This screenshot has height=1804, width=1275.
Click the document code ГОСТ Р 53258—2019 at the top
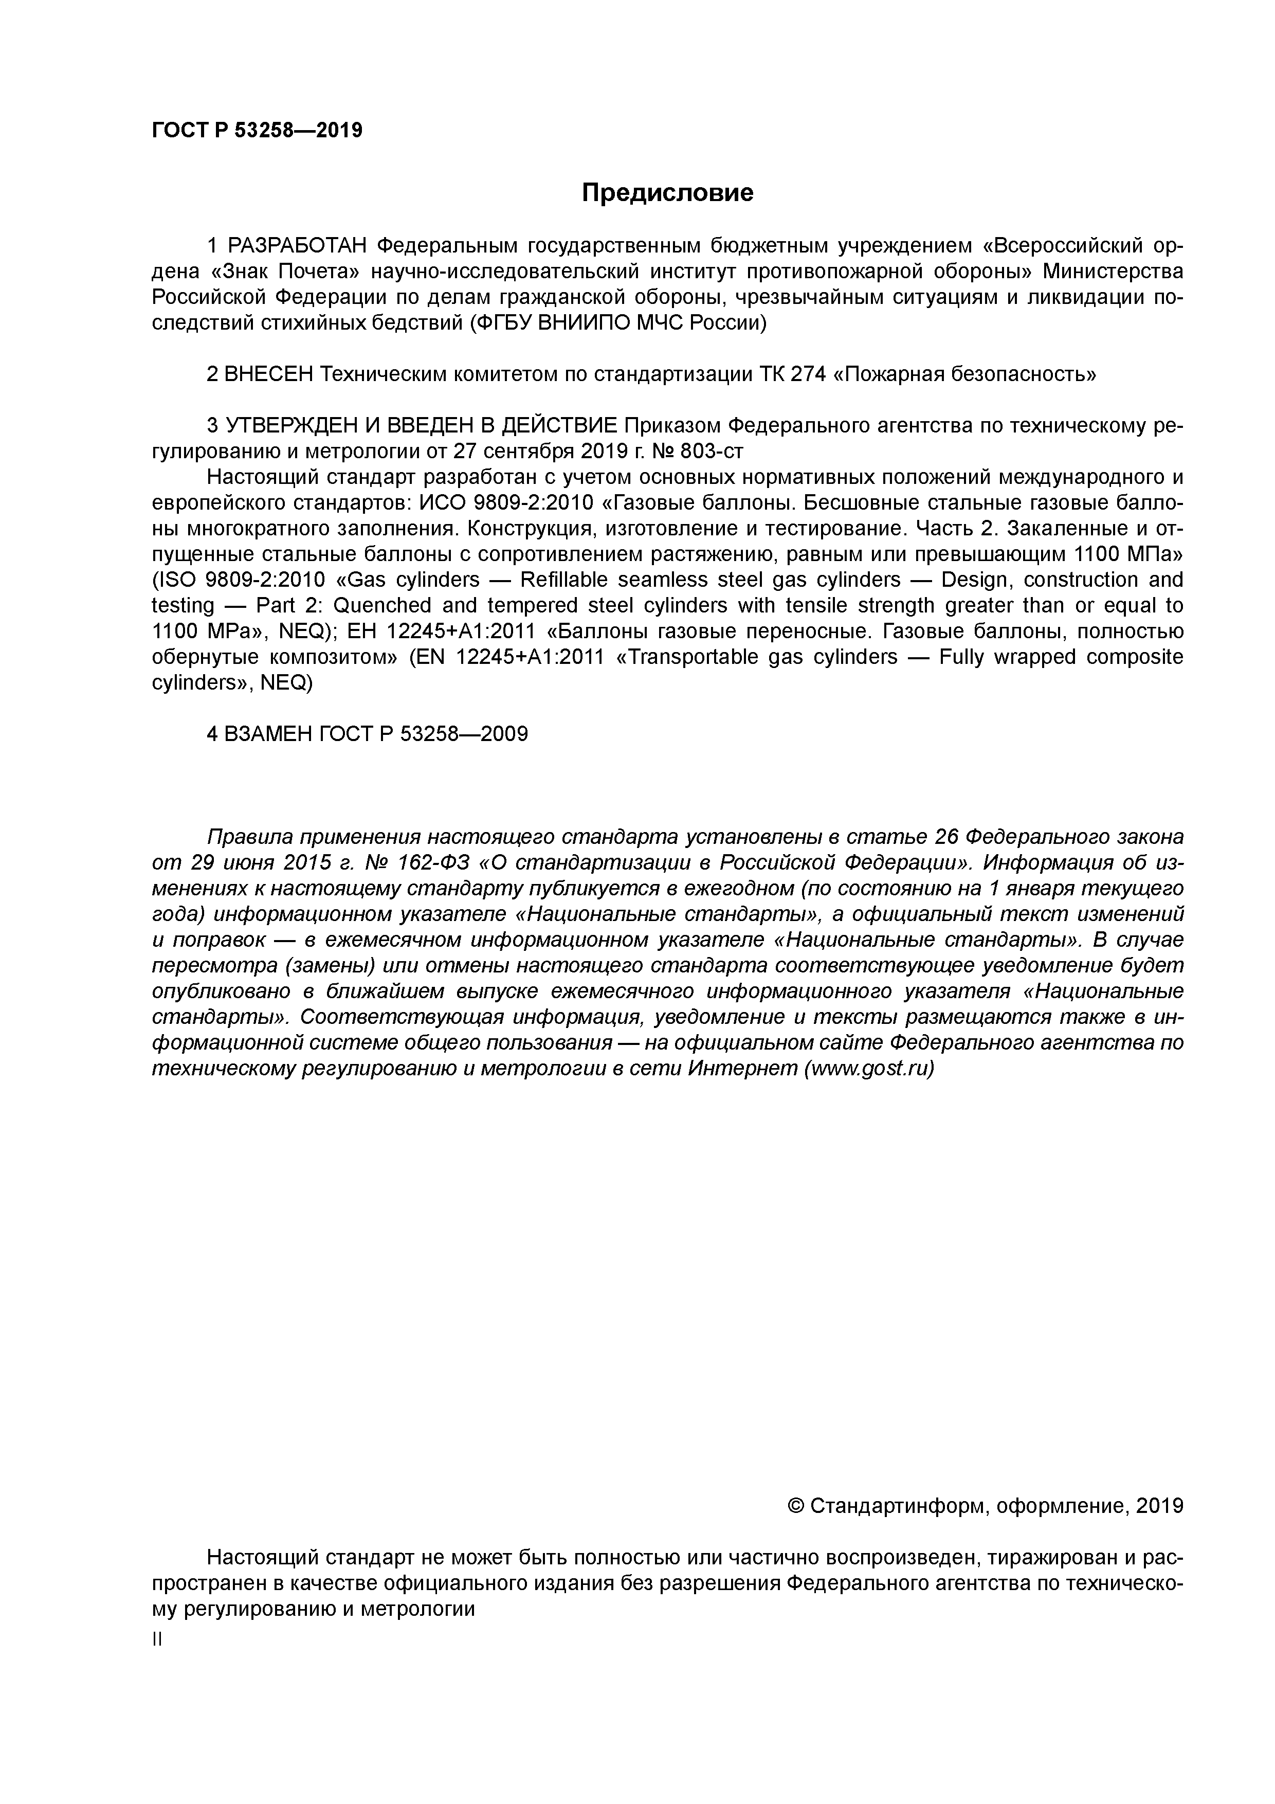tap(257, 131)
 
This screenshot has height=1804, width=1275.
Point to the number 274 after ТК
tap(808, 375)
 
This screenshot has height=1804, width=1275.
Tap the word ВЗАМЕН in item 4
tap(268, 734)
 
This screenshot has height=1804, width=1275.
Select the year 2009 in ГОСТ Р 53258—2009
tap(503, 734)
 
